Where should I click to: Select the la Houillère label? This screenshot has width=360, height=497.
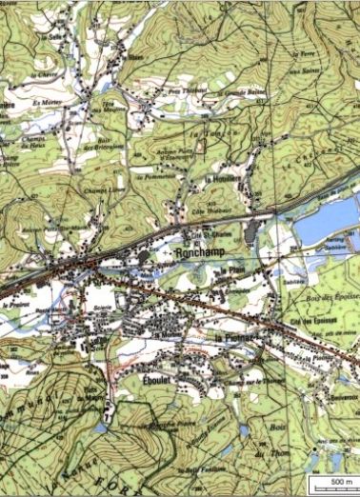pyautogui.click(x=222, y=178)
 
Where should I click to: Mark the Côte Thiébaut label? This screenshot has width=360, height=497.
pyautogui.click(x=221, y=209)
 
